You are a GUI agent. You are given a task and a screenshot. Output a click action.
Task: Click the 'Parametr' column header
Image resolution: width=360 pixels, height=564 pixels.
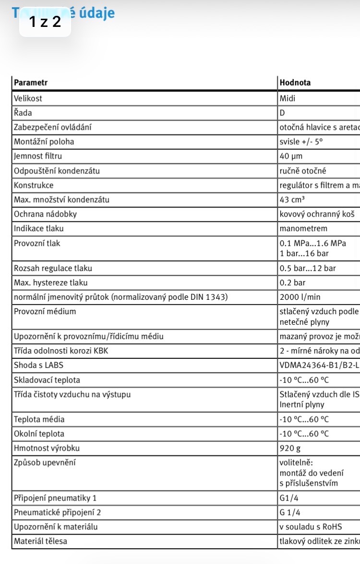(31, 83)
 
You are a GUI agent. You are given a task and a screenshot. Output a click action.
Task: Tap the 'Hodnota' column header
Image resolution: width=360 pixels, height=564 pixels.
(295, 83)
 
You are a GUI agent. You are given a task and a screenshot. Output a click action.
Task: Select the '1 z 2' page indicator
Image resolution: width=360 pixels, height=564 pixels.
(45, 22)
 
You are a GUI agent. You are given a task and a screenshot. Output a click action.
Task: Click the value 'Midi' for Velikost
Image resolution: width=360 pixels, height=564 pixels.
(288, 98)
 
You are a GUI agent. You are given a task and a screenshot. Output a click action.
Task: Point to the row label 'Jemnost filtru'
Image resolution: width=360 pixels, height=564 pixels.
(38, 156)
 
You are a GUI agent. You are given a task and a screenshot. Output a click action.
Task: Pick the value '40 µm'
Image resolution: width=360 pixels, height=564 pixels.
(291, 156)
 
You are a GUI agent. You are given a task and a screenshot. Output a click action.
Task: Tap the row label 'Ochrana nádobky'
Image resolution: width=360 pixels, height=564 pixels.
(45, 214)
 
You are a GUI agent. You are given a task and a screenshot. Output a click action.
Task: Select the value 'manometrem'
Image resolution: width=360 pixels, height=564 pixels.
(303, 229)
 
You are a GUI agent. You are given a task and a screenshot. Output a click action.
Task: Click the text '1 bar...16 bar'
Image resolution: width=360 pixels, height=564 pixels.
(304, 253)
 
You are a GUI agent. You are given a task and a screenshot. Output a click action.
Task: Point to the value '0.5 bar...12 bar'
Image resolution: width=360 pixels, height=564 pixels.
(308, 268)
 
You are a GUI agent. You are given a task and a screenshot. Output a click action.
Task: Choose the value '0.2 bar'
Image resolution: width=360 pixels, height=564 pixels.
(292, 282)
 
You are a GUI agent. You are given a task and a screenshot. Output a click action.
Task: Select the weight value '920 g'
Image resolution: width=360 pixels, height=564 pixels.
(289, 448)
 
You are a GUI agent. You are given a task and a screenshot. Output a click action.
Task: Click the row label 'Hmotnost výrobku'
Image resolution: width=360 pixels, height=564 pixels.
(47, 448)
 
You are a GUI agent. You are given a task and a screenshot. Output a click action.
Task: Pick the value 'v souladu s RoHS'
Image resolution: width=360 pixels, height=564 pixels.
(311, 527)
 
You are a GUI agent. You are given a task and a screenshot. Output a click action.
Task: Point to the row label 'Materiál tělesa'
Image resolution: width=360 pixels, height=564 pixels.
(40, 541)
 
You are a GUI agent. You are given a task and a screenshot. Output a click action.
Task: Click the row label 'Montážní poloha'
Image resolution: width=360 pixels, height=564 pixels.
(44, 142)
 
